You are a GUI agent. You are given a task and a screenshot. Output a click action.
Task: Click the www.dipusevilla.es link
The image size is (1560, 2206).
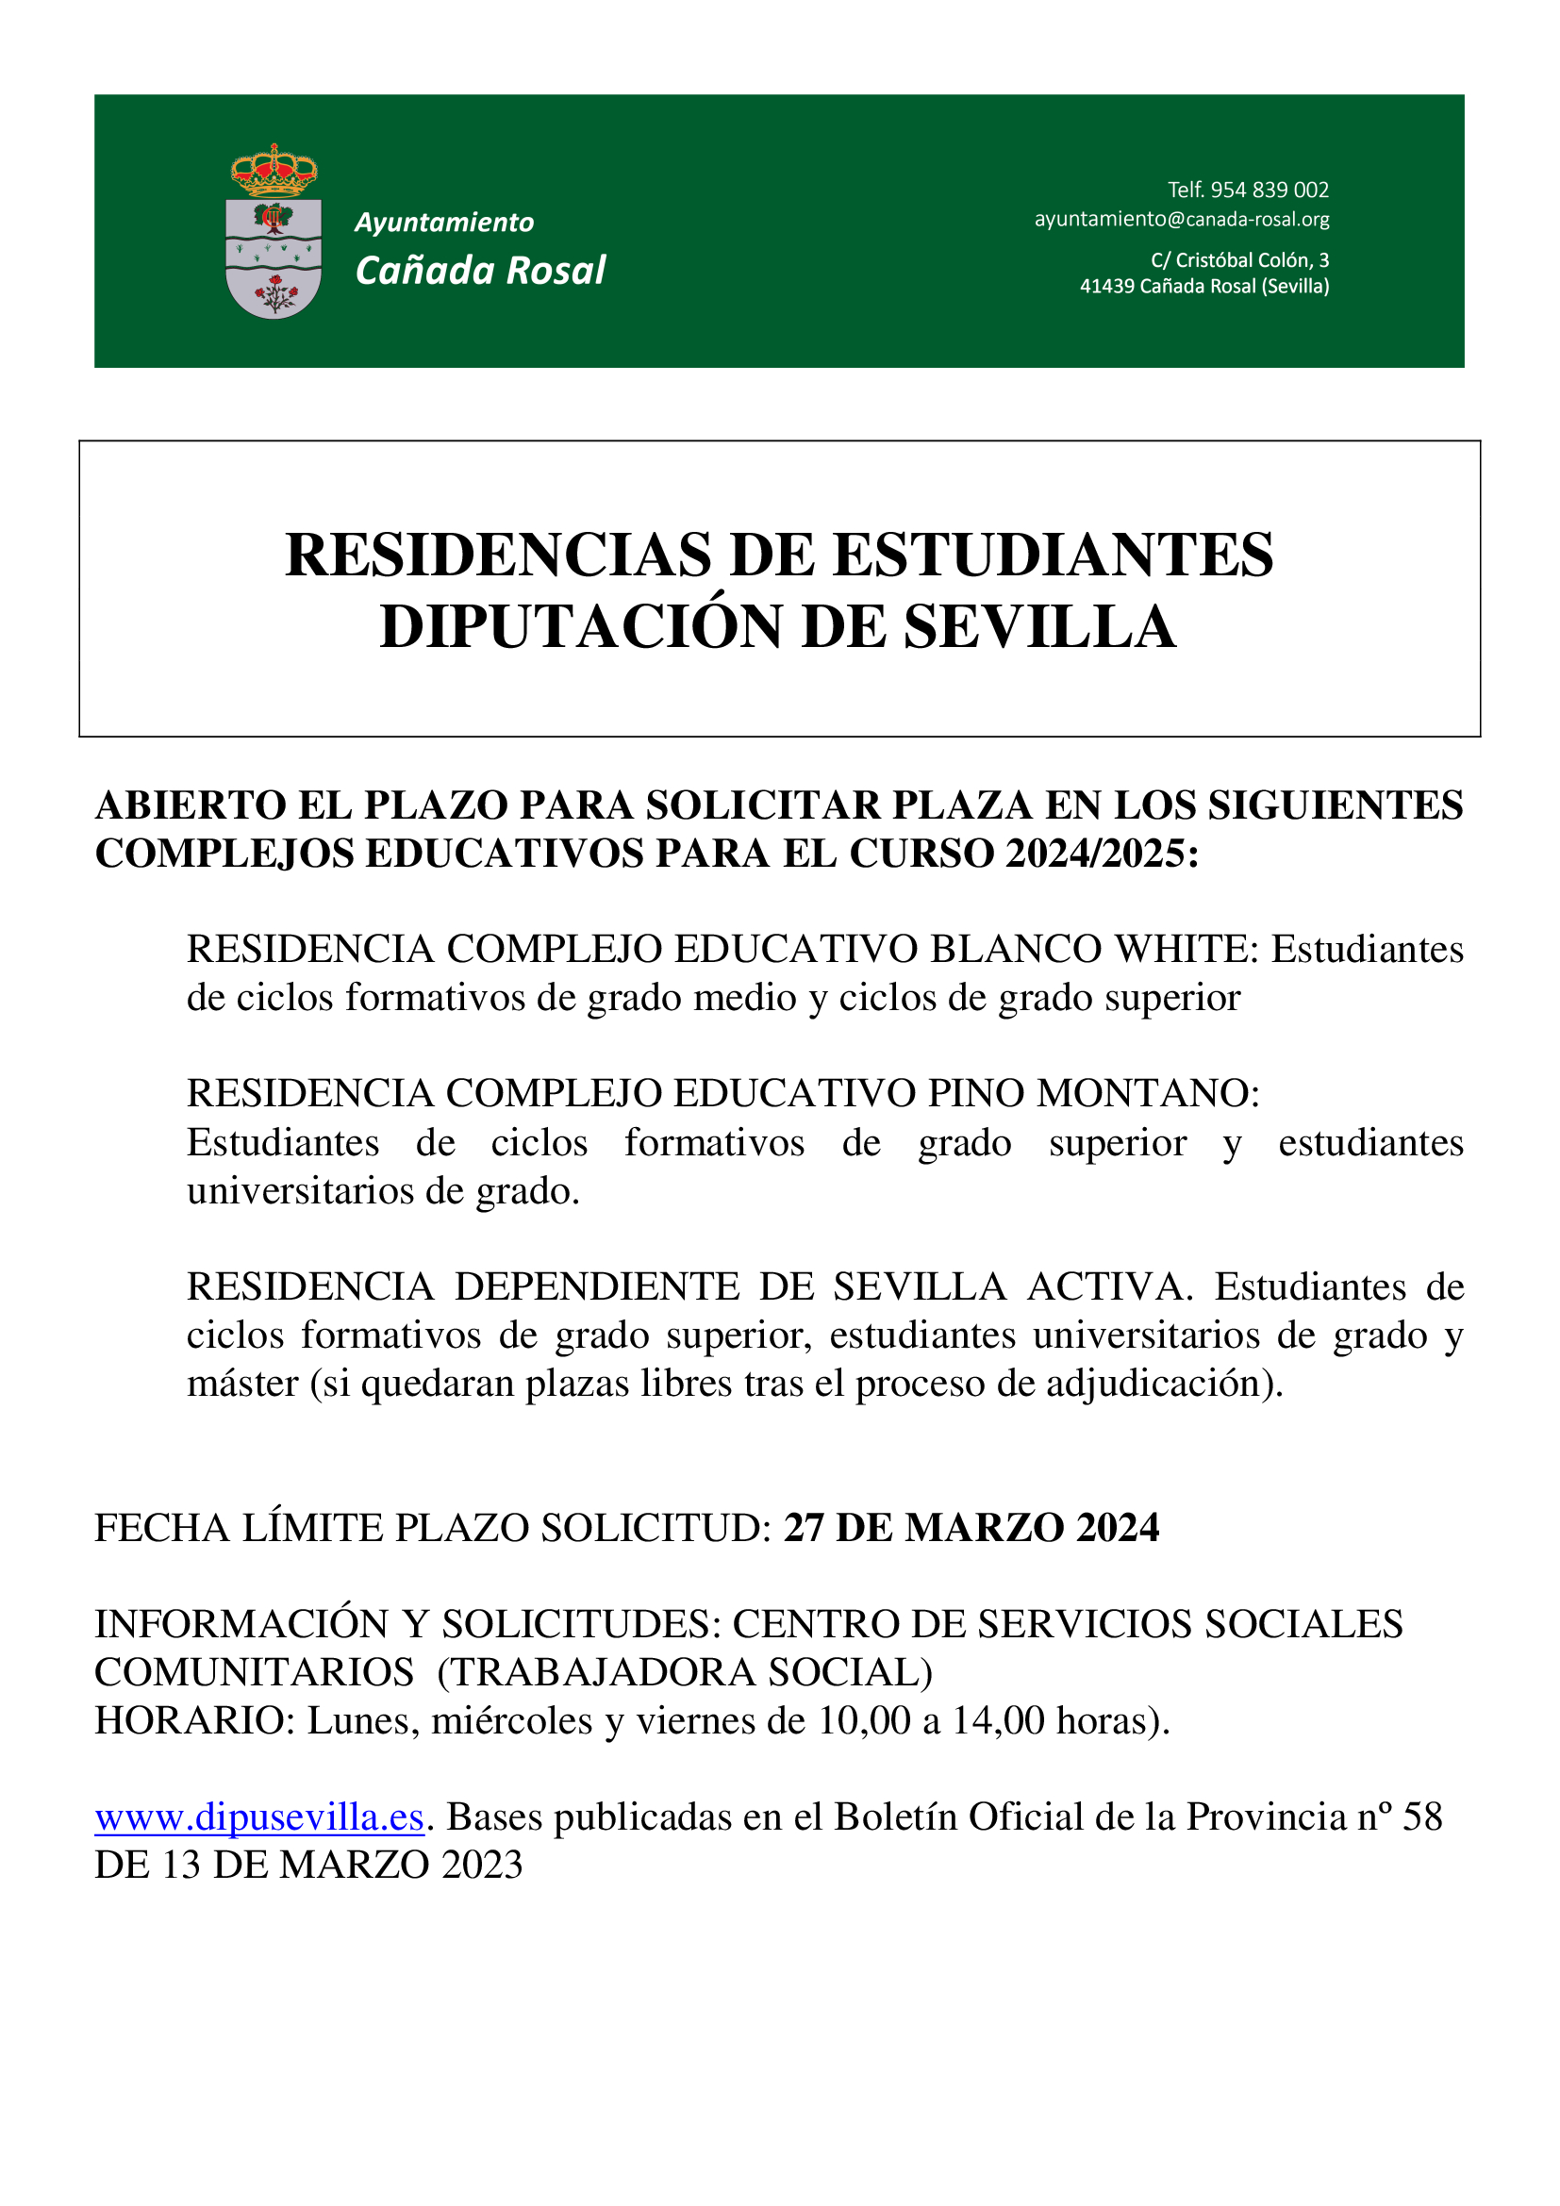pos(259,1817)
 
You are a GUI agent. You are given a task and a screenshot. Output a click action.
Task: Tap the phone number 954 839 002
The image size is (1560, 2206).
pos(1269,191)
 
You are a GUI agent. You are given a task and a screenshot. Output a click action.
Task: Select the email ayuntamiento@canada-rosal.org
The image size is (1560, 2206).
pos(1182,219)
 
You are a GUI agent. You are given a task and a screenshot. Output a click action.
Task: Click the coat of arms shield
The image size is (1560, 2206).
pos(274,257)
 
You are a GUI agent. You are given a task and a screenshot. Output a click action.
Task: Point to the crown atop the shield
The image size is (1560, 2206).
pos(274,171)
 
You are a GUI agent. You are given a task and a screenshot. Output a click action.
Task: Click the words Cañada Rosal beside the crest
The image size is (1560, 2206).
pos(480,271)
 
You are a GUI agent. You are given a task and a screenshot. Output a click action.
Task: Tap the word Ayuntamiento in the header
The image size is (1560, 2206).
pos(444,223)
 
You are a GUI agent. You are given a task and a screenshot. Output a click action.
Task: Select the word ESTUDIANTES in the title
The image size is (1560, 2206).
pos(1053,556)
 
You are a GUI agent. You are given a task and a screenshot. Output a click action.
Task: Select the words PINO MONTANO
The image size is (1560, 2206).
pos(1092,1093)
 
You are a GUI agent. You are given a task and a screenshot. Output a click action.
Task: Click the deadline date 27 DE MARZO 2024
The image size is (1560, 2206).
pos(971,1528)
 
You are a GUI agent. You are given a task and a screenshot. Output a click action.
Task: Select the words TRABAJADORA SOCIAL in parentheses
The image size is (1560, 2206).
pos(685,1673)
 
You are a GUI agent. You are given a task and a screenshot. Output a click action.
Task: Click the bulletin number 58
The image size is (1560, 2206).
pos(1422,1817)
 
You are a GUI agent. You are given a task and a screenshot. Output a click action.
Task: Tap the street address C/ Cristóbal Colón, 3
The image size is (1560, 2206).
pos(1239,260)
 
